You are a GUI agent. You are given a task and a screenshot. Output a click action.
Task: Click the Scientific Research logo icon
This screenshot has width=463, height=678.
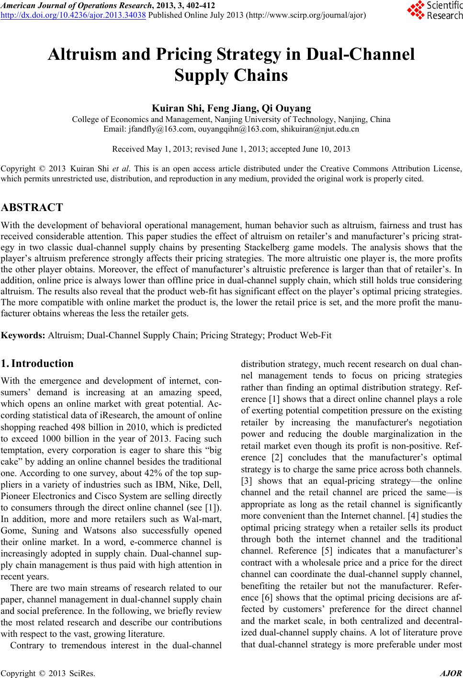tap(415, 9)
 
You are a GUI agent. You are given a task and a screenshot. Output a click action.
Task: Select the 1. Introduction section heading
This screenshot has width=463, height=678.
tap(38, 363)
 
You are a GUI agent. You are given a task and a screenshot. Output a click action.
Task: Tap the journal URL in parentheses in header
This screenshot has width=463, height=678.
tap(306, 15)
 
